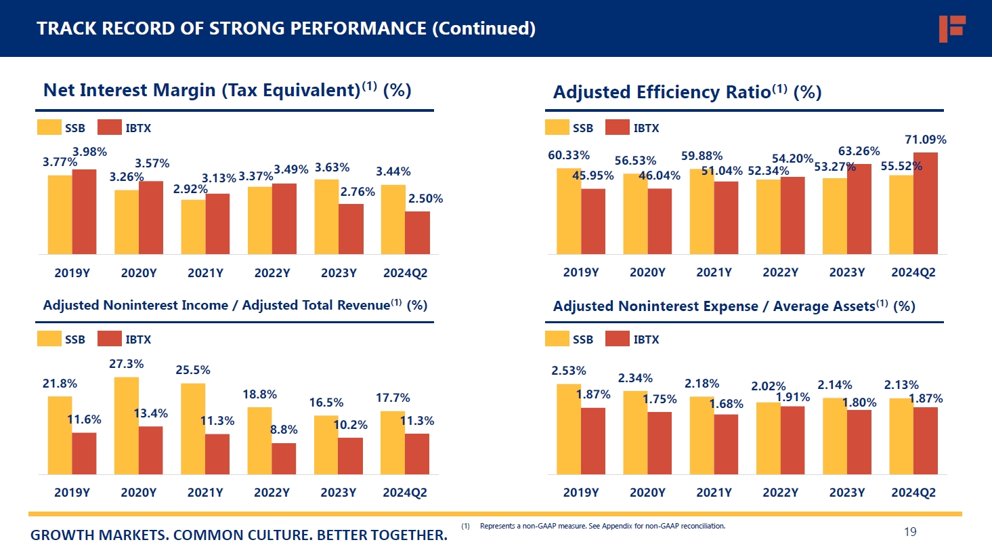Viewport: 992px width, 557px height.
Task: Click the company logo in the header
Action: click(951, 28)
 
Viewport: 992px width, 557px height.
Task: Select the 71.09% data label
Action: click(925, 140)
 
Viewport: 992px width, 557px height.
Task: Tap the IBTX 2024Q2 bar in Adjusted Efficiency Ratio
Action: click(926, 203)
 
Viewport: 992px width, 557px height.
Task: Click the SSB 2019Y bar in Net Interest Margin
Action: click(60, 214)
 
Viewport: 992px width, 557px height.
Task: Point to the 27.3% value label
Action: click(126, 364)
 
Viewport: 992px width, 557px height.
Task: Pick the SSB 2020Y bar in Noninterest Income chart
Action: click(126, 426)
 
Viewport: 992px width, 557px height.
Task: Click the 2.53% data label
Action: click(568, 371)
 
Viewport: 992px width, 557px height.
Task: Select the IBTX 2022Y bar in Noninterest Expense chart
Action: click(792, 440)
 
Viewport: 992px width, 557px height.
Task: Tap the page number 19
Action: click(910, 532)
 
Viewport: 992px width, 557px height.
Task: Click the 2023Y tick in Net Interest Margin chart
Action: click(339, 273)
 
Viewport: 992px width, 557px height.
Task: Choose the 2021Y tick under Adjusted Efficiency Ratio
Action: click(714, 272)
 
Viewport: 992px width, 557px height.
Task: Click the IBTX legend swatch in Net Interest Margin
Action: click(109, 127)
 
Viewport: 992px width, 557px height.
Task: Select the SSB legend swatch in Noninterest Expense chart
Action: click(557, 339)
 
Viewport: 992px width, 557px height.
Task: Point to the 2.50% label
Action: click(425, 199)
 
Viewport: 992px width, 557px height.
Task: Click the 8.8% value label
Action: click(284, 430)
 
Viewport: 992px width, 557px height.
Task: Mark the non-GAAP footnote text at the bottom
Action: click(602, 526)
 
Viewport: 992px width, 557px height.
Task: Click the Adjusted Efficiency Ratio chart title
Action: click(687, 92)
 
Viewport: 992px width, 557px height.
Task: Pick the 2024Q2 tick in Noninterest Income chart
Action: click(405, 493)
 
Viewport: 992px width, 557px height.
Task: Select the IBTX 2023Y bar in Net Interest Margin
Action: click(351, 229)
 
